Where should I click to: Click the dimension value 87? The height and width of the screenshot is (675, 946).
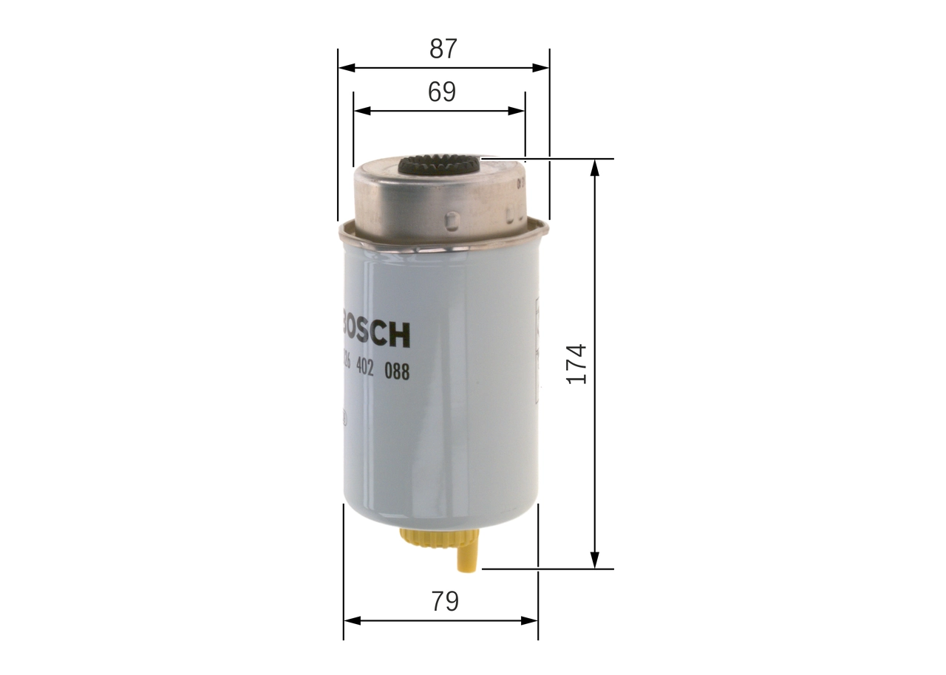point(443,49)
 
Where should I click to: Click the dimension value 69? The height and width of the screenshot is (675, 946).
point(442,92)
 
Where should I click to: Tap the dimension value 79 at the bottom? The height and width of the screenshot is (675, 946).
point(444,601)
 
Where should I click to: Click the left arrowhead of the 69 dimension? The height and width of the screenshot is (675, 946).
point(361,111)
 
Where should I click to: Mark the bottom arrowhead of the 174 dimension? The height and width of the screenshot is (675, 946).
point(594,561)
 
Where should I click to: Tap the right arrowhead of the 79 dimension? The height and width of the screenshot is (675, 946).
point(530,620)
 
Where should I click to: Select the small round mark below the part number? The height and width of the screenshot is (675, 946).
point(344,420)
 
